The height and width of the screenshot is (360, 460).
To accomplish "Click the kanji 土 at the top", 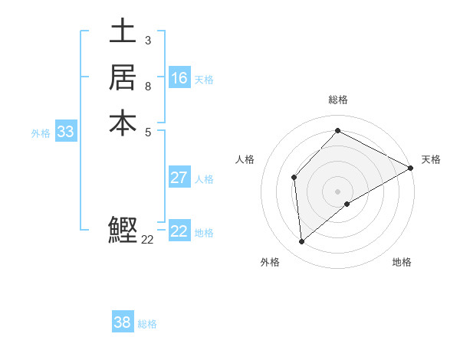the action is point(123,31).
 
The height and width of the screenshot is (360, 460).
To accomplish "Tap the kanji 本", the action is point(123,123).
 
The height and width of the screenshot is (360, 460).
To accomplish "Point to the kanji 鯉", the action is point(123,230).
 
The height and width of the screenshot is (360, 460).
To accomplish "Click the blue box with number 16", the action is point(179,78).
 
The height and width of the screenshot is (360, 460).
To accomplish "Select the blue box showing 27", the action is point(179,178).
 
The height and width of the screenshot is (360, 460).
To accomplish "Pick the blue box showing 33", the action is point(66,132).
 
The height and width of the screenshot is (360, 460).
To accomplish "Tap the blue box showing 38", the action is point(123,322).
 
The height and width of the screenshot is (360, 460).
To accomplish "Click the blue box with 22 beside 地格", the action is point(179,231).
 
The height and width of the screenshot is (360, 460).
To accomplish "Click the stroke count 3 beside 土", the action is point(148,40).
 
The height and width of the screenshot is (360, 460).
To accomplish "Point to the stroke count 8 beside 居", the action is point(148,86).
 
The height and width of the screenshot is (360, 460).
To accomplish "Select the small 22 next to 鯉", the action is point(148,240).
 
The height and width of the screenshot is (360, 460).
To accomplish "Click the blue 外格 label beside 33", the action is point(41,133).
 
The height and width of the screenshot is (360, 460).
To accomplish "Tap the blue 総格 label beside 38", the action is point(147,324).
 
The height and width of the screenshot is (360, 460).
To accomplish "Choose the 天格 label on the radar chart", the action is point(431,159).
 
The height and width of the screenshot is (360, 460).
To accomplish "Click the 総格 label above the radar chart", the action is point(337,100).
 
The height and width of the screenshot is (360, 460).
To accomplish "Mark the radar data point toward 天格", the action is point(411,169).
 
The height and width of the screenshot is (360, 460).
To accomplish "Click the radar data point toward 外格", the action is point(302,242).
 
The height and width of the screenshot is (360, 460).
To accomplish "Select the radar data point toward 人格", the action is point(294,178).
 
